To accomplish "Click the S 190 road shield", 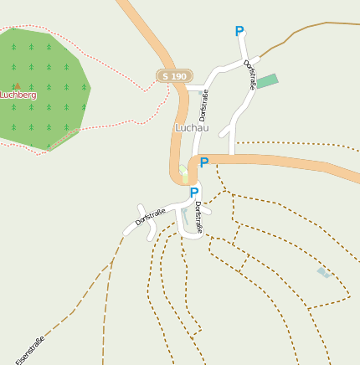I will tap(174, 76).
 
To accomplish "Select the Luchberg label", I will tap(18, 95).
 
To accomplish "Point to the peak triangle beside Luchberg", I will tap(17, 85).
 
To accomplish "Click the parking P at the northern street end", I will tap(239, 32).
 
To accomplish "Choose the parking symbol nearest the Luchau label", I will tap(203, 162).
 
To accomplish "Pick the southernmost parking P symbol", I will tap(194, 193).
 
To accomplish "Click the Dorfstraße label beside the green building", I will tap(249, 74).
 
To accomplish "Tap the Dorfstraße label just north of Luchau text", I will tap(203, 105).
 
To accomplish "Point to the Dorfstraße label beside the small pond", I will tap(198, 217).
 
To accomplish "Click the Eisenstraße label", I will tap(30, 350).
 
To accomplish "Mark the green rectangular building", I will tap(267, 81).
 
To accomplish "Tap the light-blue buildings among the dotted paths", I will tap(323, 272).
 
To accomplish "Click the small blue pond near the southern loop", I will tap(184, 215).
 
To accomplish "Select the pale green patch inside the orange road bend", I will tap(184, 174).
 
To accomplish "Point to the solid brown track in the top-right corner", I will tap(318, 25).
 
